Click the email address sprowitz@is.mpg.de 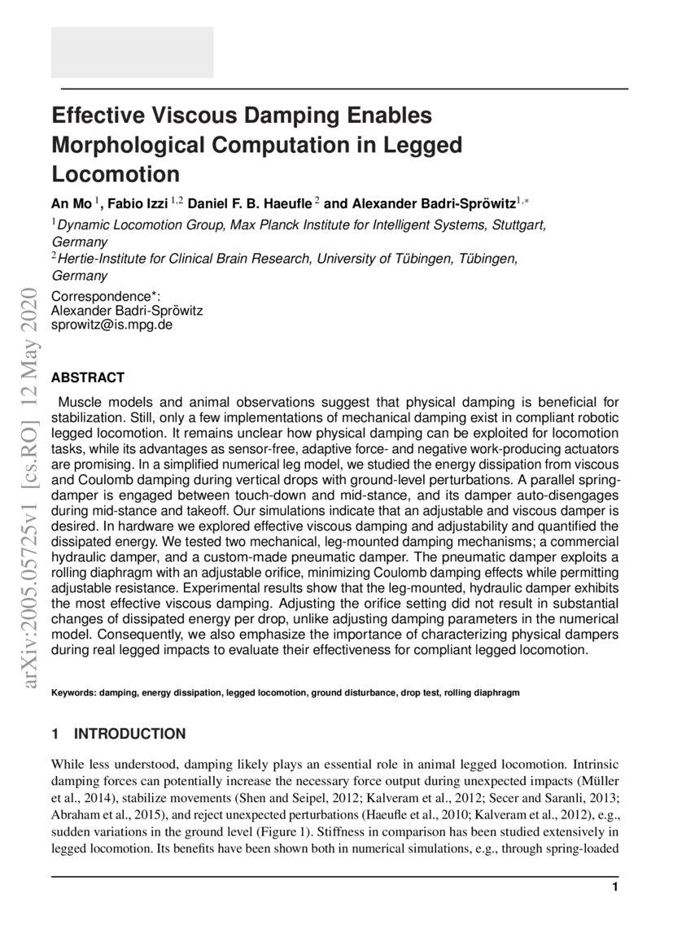point(111,324)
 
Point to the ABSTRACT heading point(88,377)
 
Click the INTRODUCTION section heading point(129,734)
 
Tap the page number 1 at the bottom point(615,887)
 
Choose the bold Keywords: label point(74,693)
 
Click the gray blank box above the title point(133,52)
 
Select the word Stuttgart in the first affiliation point(519,225)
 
